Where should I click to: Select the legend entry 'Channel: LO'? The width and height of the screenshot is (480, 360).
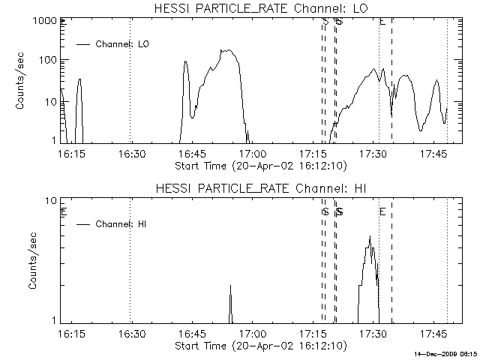[x=123, y=44]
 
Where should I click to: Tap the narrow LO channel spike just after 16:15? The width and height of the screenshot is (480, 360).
[x=79, y=79]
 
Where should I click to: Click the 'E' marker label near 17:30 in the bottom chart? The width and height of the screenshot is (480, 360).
[x=382, y=212]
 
